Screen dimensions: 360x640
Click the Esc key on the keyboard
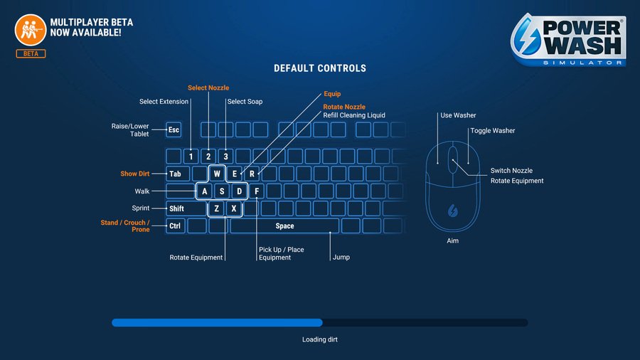pyautogui.click(x=174, y=130)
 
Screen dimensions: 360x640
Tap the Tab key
pyautogui.click(x=174, y=174)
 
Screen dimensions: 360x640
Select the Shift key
pyautogui.click(x=177, y=208)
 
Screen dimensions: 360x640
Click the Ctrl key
pyautogui.click(x=174, y=226)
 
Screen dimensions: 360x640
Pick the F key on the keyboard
pyautogui.click(x=256, y=191)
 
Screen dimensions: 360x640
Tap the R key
pyautogui.click(x=251, y=174)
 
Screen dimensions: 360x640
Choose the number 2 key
pyautogui.click(x=208, y=157)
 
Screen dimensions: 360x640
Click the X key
pyautogui.click(x=234, y=208)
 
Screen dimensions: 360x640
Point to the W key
pyautogui.click(x=217, y=174)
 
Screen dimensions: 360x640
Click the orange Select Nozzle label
pyautogui.click(x=208, y=88)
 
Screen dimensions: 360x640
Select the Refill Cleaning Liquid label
pyautogui.click(x=354, y=115)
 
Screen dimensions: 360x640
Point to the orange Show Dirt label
pyautogui.click(x=134, y=174)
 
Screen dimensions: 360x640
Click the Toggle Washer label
pyautogui.click(x=492, y=131)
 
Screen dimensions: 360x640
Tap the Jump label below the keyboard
pyautogui.click(x=341, y=258)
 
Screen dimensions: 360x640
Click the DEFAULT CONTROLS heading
pyautogui.click(x=320, y=68)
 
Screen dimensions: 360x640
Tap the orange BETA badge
pyautogui.click(x=30, y=54)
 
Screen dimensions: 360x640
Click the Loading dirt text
pyautogui.click(x=320, y=339)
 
